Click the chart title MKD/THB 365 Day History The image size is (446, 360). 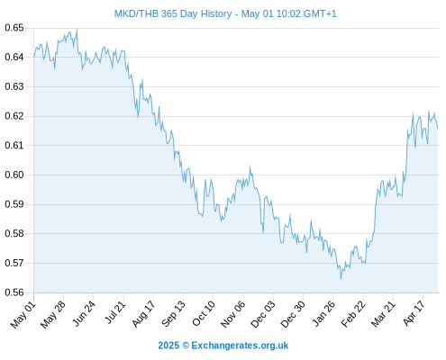point(173,13)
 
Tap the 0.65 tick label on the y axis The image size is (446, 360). point(14,28)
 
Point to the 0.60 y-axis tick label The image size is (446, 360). point(14,175)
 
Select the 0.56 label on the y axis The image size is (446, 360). point(14,292)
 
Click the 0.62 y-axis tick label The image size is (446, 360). point(14,116)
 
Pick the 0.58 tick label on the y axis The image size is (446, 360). point(14,233)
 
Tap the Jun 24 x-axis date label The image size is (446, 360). point(83,313)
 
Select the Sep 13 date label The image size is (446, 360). point(173,314)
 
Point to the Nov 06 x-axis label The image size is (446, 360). point(232,314)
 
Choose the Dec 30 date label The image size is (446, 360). point(293,314)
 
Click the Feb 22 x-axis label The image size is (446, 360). point(353,314)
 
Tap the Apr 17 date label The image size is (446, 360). point(414,313)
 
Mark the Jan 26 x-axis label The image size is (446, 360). point(323,313)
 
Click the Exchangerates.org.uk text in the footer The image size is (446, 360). point(240,346)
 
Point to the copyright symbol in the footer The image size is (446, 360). point(186,346)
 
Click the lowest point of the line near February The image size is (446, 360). point(341,279)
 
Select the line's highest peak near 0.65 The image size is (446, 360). point(77,29)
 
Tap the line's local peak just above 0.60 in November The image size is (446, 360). point(250,166)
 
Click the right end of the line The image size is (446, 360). point(438,128)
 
